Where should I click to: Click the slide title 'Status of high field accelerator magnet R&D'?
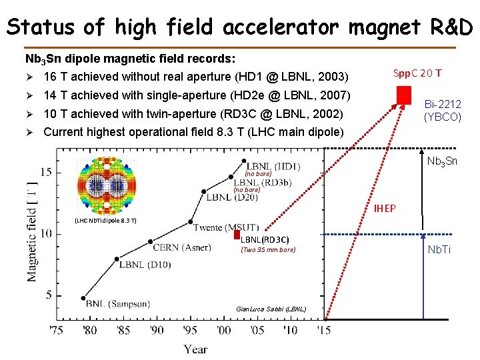click(239, 26)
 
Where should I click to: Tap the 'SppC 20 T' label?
click(417, 73)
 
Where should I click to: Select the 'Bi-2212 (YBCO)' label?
click(443, 110)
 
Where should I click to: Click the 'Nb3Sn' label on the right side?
click(442, 161)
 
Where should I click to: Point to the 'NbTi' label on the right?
click(439, 249)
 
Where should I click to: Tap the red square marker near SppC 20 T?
click(403, 96)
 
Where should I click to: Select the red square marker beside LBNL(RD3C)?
click(236, 235)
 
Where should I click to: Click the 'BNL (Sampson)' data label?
click(117, 304)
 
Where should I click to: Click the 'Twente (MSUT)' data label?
click(227, 227)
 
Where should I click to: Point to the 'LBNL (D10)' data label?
click(145, 265)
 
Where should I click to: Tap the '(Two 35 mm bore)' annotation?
click(267, 250)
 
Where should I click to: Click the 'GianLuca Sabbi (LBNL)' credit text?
click(271, 309)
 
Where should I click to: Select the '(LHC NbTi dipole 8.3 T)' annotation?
click(105, 220)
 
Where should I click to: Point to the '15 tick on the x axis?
click(324, 330)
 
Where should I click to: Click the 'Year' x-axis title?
click(195, 349)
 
